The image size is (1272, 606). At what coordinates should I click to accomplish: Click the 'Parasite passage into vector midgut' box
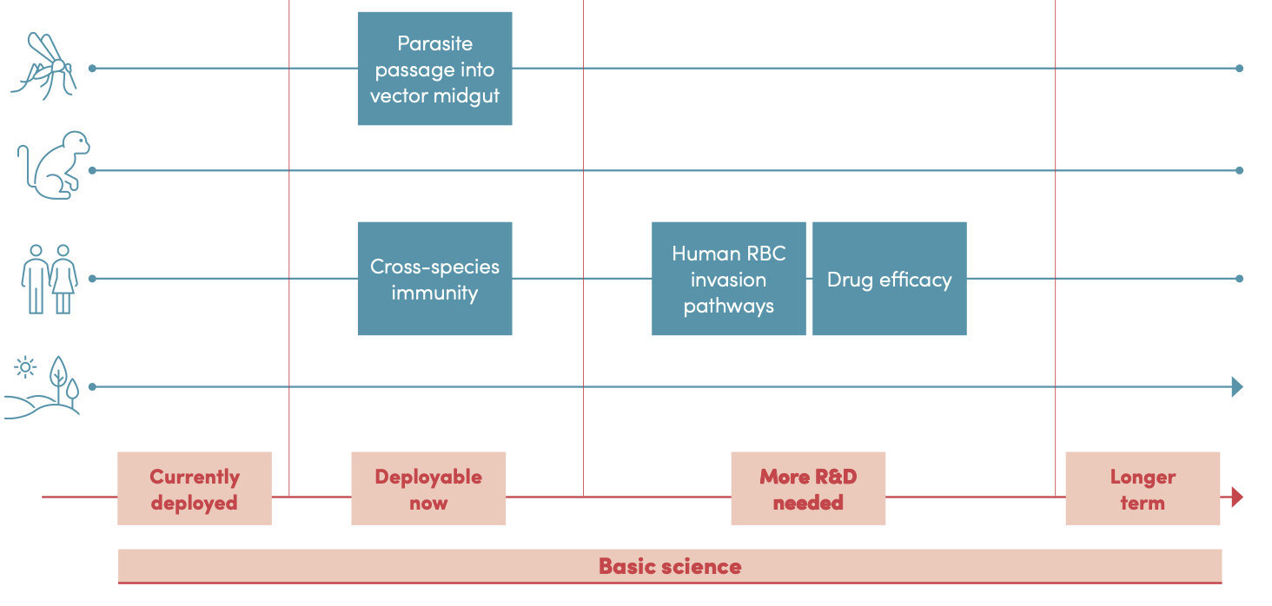point(434,69)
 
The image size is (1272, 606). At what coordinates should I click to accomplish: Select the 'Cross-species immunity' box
point(434,279)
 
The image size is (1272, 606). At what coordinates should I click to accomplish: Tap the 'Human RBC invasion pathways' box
point(728,279)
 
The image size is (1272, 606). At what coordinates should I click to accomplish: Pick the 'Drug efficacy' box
point(889,279)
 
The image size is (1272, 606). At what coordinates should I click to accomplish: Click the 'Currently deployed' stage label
point(194,489)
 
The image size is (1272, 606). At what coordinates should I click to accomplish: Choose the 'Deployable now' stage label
point(428,489)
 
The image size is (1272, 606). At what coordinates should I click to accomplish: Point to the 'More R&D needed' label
point(808,489)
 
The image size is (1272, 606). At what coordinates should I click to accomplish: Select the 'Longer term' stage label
point(1143,489)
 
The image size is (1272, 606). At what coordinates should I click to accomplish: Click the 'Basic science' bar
point(670,567)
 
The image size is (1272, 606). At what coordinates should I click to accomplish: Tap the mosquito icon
point(45,64)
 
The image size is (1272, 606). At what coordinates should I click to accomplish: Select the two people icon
point(50,278)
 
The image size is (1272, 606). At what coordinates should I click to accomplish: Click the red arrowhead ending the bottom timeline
point(1237,497)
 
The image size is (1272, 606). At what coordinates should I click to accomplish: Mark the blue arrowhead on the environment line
point(1237,387)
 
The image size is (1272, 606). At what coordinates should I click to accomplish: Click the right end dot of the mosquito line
point(1239,68)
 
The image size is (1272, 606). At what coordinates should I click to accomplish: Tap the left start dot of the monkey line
point(92,170)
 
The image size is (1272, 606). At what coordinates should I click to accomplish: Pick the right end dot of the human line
point(1239,279)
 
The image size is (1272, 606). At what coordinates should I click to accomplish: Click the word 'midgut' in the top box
point(470,96)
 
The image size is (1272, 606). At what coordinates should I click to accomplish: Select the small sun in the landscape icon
point(26,367)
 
